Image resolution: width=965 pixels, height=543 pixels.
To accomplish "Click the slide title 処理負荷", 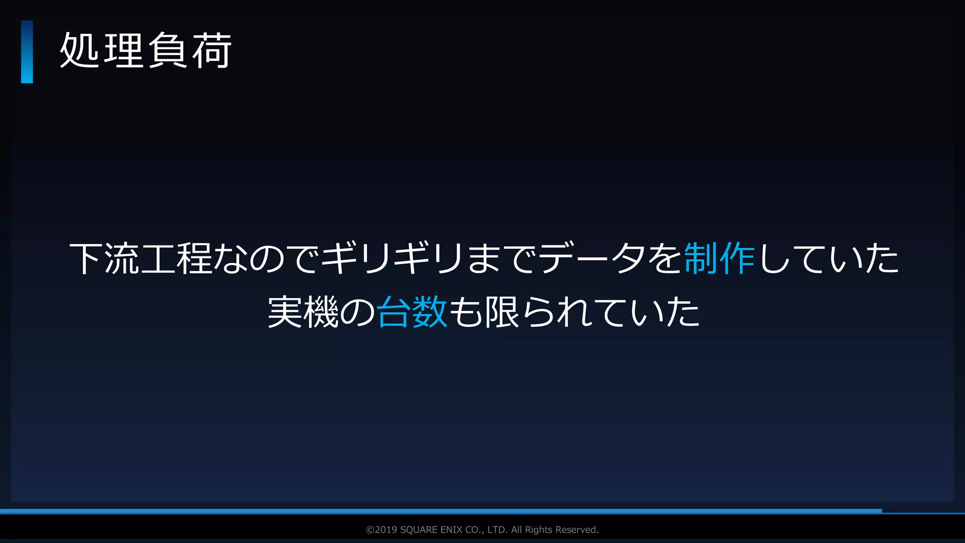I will click(x=145, y=51).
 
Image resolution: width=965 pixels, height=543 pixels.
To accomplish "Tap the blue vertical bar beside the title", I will click(x=27, y=52).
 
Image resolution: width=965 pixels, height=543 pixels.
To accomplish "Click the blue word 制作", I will click(x=719, y=259).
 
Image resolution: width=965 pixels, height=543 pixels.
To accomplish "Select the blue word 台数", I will click(x=412, y=312).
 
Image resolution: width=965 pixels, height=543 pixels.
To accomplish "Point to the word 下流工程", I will click(x=140, y=259).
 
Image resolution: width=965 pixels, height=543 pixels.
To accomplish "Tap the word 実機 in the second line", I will click(x=303, y=312).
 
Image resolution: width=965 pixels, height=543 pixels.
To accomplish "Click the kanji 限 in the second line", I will click(x=502, y=312).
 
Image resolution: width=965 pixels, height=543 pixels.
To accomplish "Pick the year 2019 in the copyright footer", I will click(x=386, y=530).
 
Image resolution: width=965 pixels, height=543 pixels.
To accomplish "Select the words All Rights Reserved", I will click(x=555, y=530).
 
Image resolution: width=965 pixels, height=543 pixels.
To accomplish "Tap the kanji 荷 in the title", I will click(x=212, y=51).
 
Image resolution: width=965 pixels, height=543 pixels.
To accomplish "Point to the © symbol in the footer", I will click(x=370, y=530).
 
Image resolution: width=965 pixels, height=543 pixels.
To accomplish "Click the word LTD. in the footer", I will click(x=498, y=530).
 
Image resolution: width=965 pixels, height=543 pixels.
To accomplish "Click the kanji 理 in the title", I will click(x=123, y=51).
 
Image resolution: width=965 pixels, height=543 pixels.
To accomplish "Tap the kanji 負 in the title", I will click(x=167, y=51).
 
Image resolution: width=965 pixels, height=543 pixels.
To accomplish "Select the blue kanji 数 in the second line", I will click(x=429, y=312).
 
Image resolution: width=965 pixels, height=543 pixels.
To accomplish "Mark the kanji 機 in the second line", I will click(x=321, y=312).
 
